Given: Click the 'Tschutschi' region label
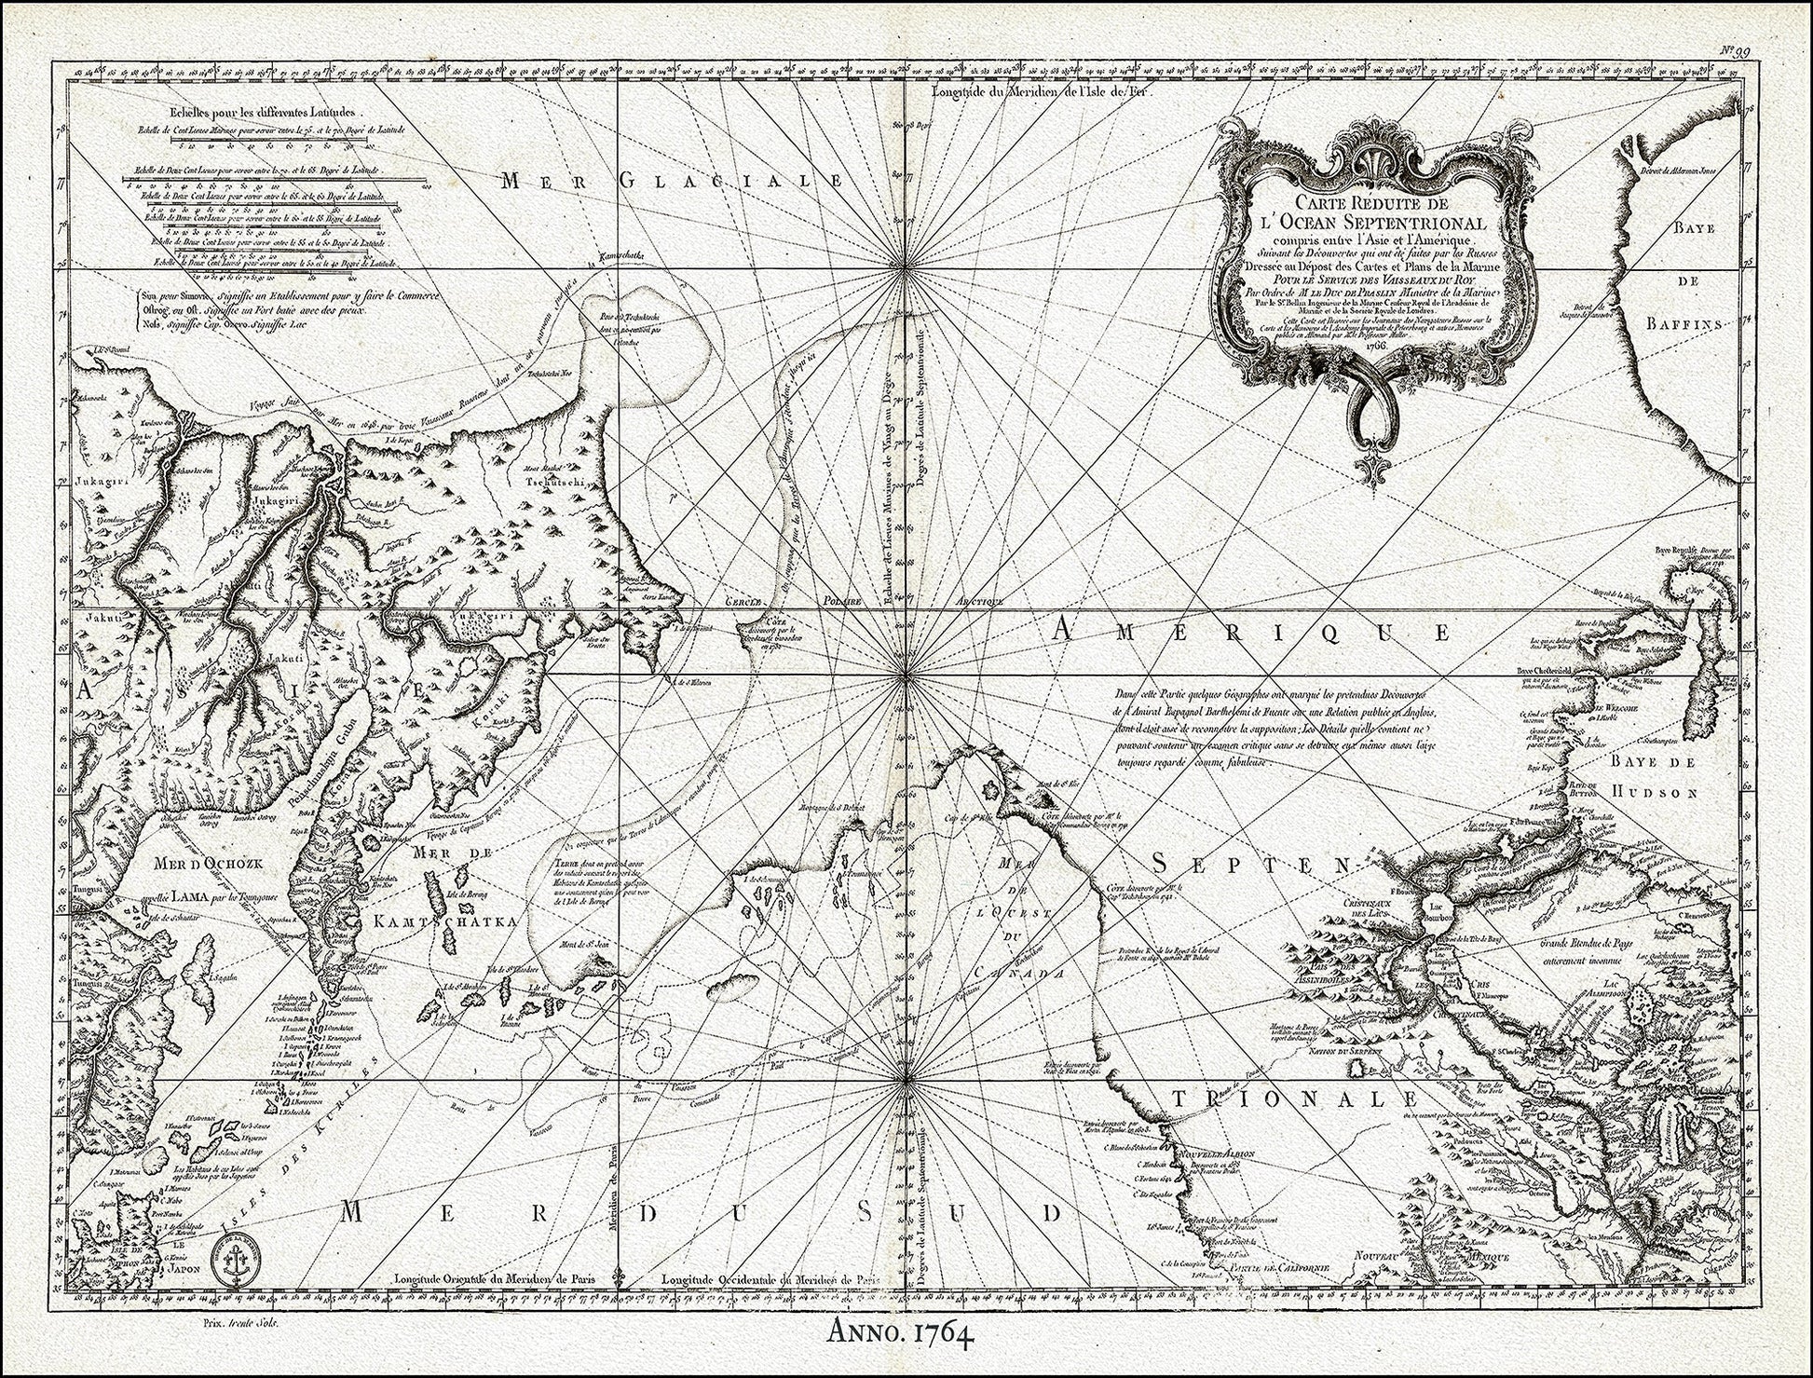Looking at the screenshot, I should click(x=552, y=484).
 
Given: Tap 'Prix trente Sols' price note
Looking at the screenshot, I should click(x=241, y=1323).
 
